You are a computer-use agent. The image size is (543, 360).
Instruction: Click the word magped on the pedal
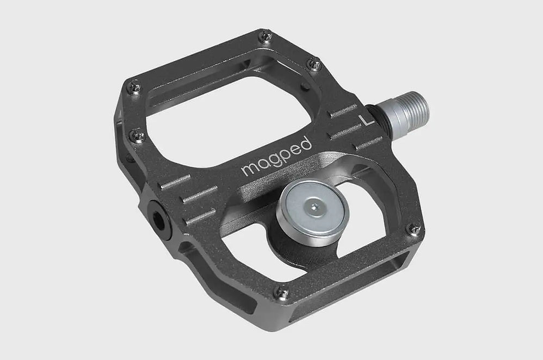coord(277,157)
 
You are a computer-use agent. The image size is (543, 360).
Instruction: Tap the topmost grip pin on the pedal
coord(265,37)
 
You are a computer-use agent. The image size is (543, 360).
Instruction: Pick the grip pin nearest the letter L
coord(314,64)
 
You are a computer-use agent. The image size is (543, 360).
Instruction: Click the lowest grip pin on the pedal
coord(282,292)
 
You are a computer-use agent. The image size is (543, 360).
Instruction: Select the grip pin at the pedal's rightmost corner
coord(414,229)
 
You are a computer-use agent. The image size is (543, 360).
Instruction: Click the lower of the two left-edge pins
coord(138,135)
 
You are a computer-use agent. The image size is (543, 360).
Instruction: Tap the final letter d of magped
coord(307,142)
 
